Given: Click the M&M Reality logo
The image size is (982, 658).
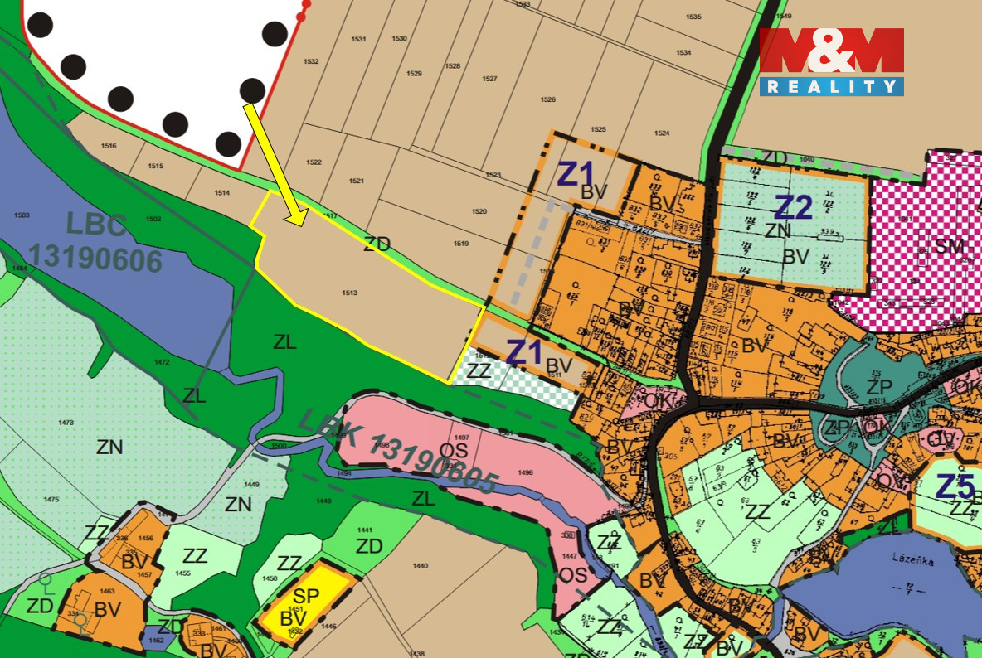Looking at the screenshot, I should [x=831, y=61].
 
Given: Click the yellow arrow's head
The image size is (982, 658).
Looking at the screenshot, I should [x=295, y=217].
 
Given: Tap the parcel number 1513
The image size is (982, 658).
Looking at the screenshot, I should [x=349, y=293].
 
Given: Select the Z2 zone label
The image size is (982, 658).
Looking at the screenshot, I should [x=794, y=207].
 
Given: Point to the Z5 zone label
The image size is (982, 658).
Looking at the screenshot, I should [x=954, y=486].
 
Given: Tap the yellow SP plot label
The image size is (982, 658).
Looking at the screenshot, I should [x=306, y=596].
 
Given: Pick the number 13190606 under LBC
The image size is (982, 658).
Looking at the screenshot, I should [x=95, y=260].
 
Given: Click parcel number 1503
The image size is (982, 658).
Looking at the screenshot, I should [x=22, y=215].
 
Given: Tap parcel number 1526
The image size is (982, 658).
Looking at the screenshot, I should [x=547, y=99].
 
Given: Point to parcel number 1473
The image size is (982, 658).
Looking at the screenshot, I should [x=66, y=423].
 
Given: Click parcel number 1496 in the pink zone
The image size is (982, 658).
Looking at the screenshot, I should [x=524, y=472].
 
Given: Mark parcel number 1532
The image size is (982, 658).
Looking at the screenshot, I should [x=311, y=62].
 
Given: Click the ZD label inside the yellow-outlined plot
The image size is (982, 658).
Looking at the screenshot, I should [x=376, y=244].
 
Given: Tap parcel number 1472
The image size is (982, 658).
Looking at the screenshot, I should [x=162, y=362].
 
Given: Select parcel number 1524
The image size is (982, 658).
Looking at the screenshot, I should [x=661, y=133].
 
